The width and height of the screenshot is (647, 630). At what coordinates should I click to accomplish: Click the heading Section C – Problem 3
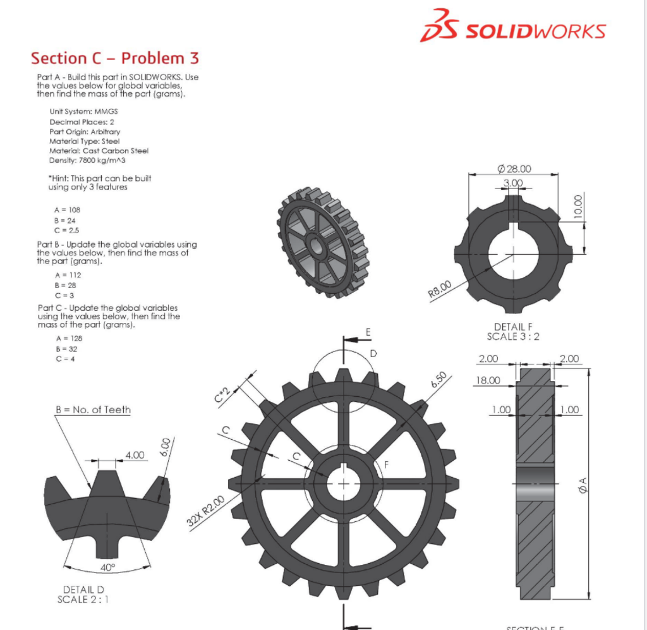point(115,58)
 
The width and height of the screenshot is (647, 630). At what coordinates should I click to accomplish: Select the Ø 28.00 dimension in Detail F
point(514,169)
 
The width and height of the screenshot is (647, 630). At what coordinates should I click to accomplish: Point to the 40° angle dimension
point(108,567)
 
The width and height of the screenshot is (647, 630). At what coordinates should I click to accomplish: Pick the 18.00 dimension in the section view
point(487,380)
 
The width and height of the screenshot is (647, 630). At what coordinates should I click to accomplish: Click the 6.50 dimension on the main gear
point(438,382)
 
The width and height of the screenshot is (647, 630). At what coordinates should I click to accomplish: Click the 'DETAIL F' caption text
point(513,327)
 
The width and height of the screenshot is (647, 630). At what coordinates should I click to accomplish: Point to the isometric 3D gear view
point(322,241)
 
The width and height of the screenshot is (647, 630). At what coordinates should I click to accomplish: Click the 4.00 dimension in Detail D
point(135,454)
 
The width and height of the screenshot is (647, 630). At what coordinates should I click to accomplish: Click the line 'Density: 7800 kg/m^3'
point(83,161)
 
